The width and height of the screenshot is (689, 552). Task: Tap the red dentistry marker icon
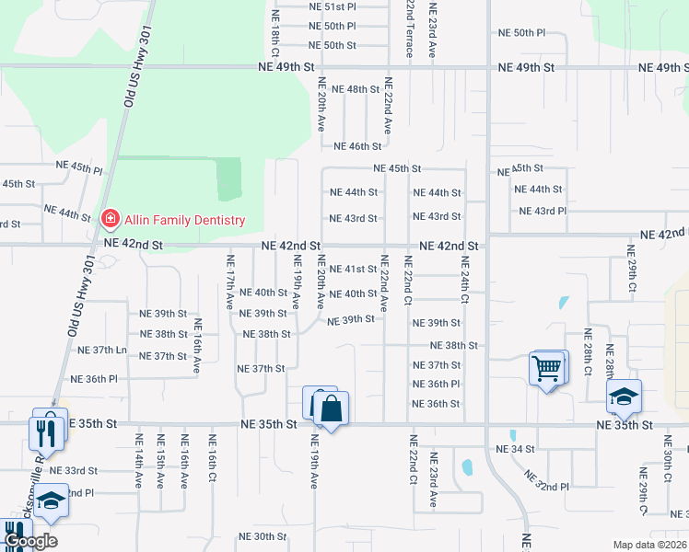point(109,219)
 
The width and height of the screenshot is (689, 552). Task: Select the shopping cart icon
point(546,369)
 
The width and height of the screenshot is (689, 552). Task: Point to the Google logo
point(30,541)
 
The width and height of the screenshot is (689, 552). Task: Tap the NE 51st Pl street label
point(332,6)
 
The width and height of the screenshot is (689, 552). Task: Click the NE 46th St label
point(357,146)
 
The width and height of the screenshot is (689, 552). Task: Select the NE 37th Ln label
point(101,351)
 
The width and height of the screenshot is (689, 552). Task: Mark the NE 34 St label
point(515,449)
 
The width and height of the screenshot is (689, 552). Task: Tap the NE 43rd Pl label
point(543,211)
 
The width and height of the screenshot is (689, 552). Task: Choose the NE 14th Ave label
point(139,460)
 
